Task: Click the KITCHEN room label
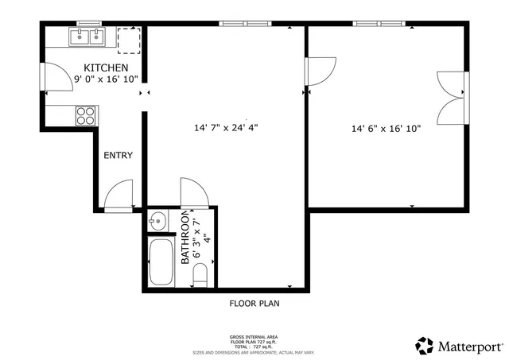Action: click(106, 67)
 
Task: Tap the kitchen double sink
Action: click(87, 37)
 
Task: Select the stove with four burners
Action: click(85, 116)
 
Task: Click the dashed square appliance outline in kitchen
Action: click(128, 38)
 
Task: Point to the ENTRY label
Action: click(118, 156)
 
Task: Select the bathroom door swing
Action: click(193, 192)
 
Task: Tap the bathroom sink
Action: click(157, 220)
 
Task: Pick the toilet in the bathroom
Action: click(200, 275)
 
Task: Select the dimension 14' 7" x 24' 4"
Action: click(226, 127)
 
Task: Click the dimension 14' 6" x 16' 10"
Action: click(387, 128)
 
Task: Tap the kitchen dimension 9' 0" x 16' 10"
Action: click(106, 79)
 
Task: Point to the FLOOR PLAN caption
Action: click(254, 303)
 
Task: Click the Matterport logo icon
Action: click(425, 345)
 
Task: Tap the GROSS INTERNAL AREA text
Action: click(254, 337)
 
